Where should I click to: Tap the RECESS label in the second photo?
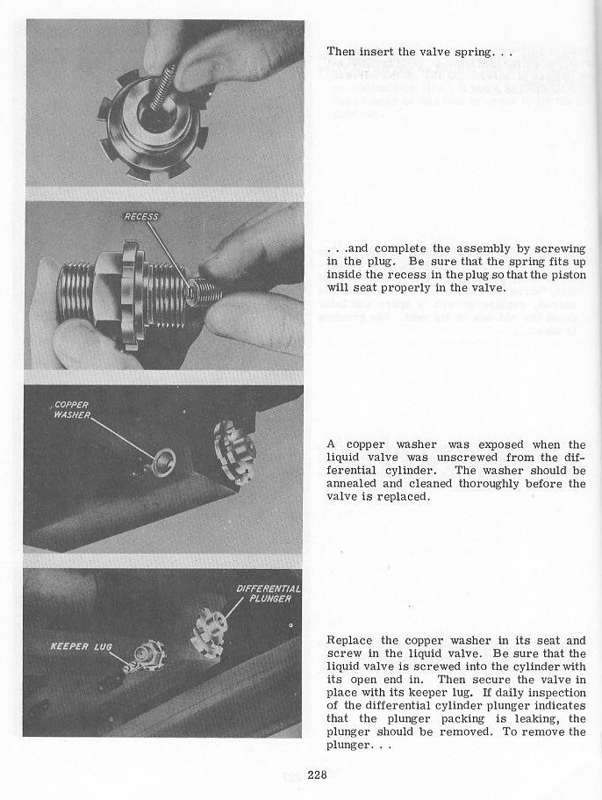(140, 217)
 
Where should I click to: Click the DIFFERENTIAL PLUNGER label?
(268, 593)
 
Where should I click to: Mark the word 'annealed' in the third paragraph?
(357, 483)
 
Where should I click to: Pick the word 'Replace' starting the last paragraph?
(351, 640)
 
